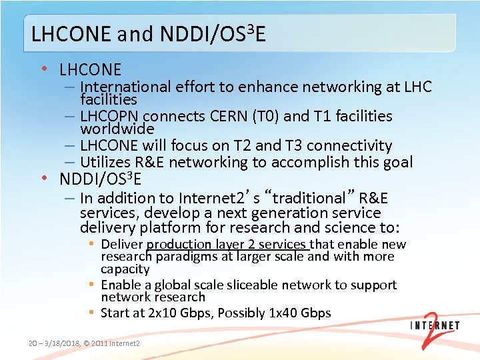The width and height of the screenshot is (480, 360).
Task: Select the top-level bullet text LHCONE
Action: point(90,69)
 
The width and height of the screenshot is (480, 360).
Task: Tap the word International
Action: point(126,87)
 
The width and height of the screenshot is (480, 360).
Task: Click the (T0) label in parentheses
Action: point(267,116)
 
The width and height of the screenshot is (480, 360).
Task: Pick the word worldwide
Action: point(117,128)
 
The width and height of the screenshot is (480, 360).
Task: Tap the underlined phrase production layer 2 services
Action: point(227,245)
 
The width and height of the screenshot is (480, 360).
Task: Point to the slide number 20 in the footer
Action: point(33,343)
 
